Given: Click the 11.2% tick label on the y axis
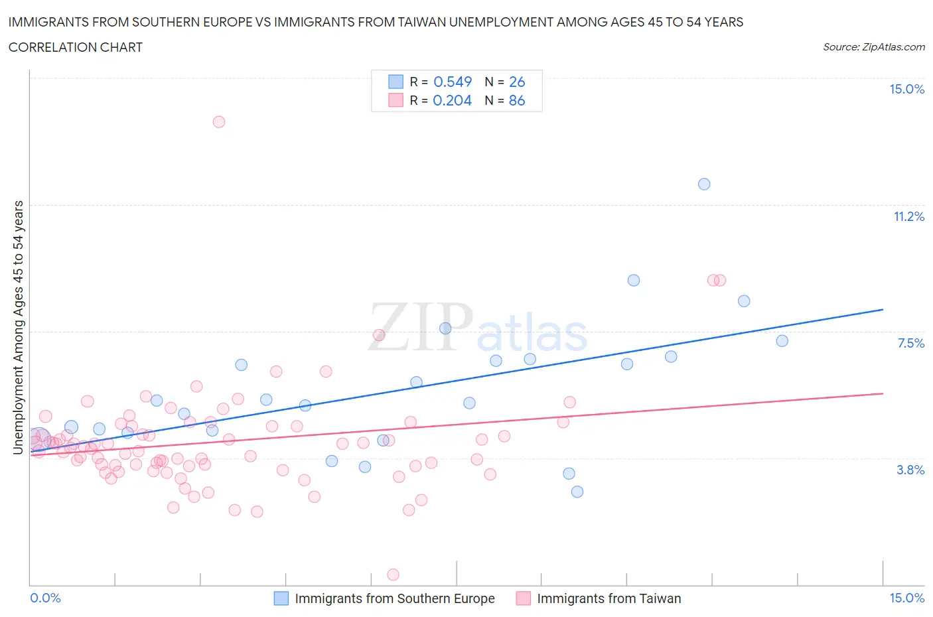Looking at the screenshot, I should click(x=908, y=216).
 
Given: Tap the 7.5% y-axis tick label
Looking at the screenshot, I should click(x=910, y=343).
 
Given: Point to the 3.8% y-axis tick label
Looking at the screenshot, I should click(x=910, y=470).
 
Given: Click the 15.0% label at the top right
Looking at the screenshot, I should click(x=906, y=89).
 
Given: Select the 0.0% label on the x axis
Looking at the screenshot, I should click(x=45, y=598).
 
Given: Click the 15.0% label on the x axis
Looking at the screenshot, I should click(x=906, y=598).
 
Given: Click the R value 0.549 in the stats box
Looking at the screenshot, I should click(x=452, y=82).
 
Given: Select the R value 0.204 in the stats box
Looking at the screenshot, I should click(x=452, y=100).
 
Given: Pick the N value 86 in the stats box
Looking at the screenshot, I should click(x=516, y=100).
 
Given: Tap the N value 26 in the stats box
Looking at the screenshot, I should click(x=516, y=82).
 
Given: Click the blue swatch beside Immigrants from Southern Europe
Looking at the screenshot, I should click(x=281, y=598).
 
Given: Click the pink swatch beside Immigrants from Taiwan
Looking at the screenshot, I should click(x=524, y=598).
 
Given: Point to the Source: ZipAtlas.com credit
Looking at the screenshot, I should click(x=873, y=46).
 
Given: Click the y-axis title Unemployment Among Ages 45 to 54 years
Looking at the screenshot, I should click(x=18, y=328).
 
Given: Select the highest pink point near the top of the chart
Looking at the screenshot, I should click(x=219, y=121).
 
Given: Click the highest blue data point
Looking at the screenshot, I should click(x=704, y=184).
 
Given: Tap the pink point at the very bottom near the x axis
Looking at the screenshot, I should click(x=393, y=575).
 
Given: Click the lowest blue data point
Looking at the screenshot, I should click(x=577, y=492).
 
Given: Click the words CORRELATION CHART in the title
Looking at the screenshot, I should click(x=76, y=47).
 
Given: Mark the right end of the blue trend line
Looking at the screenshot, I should click(x=883, y=309).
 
